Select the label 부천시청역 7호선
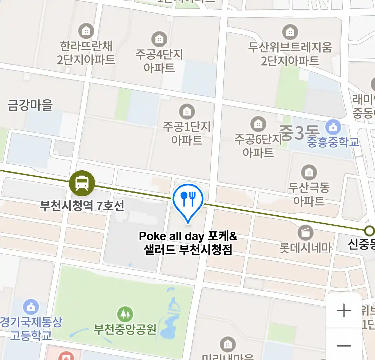(82, 206)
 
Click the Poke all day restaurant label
(188, 243)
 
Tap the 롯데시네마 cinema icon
(305, 232)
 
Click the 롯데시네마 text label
(305, 248)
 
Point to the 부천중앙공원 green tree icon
(125, 314)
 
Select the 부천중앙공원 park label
(125, 329)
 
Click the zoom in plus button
(344, 311)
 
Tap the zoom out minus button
(344, 346)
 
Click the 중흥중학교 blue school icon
(333, 127)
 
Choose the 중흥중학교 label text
(333, 142)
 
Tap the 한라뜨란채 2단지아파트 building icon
(86, 31)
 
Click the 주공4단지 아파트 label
(159, 61)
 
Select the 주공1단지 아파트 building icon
(187, 111)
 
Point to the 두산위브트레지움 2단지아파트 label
(290, 54)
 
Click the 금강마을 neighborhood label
(30, 105)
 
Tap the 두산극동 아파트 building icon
(309, 172)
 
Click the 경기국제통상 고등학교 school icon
(31, 307)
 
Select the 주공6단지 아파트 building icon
(258, 124)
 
